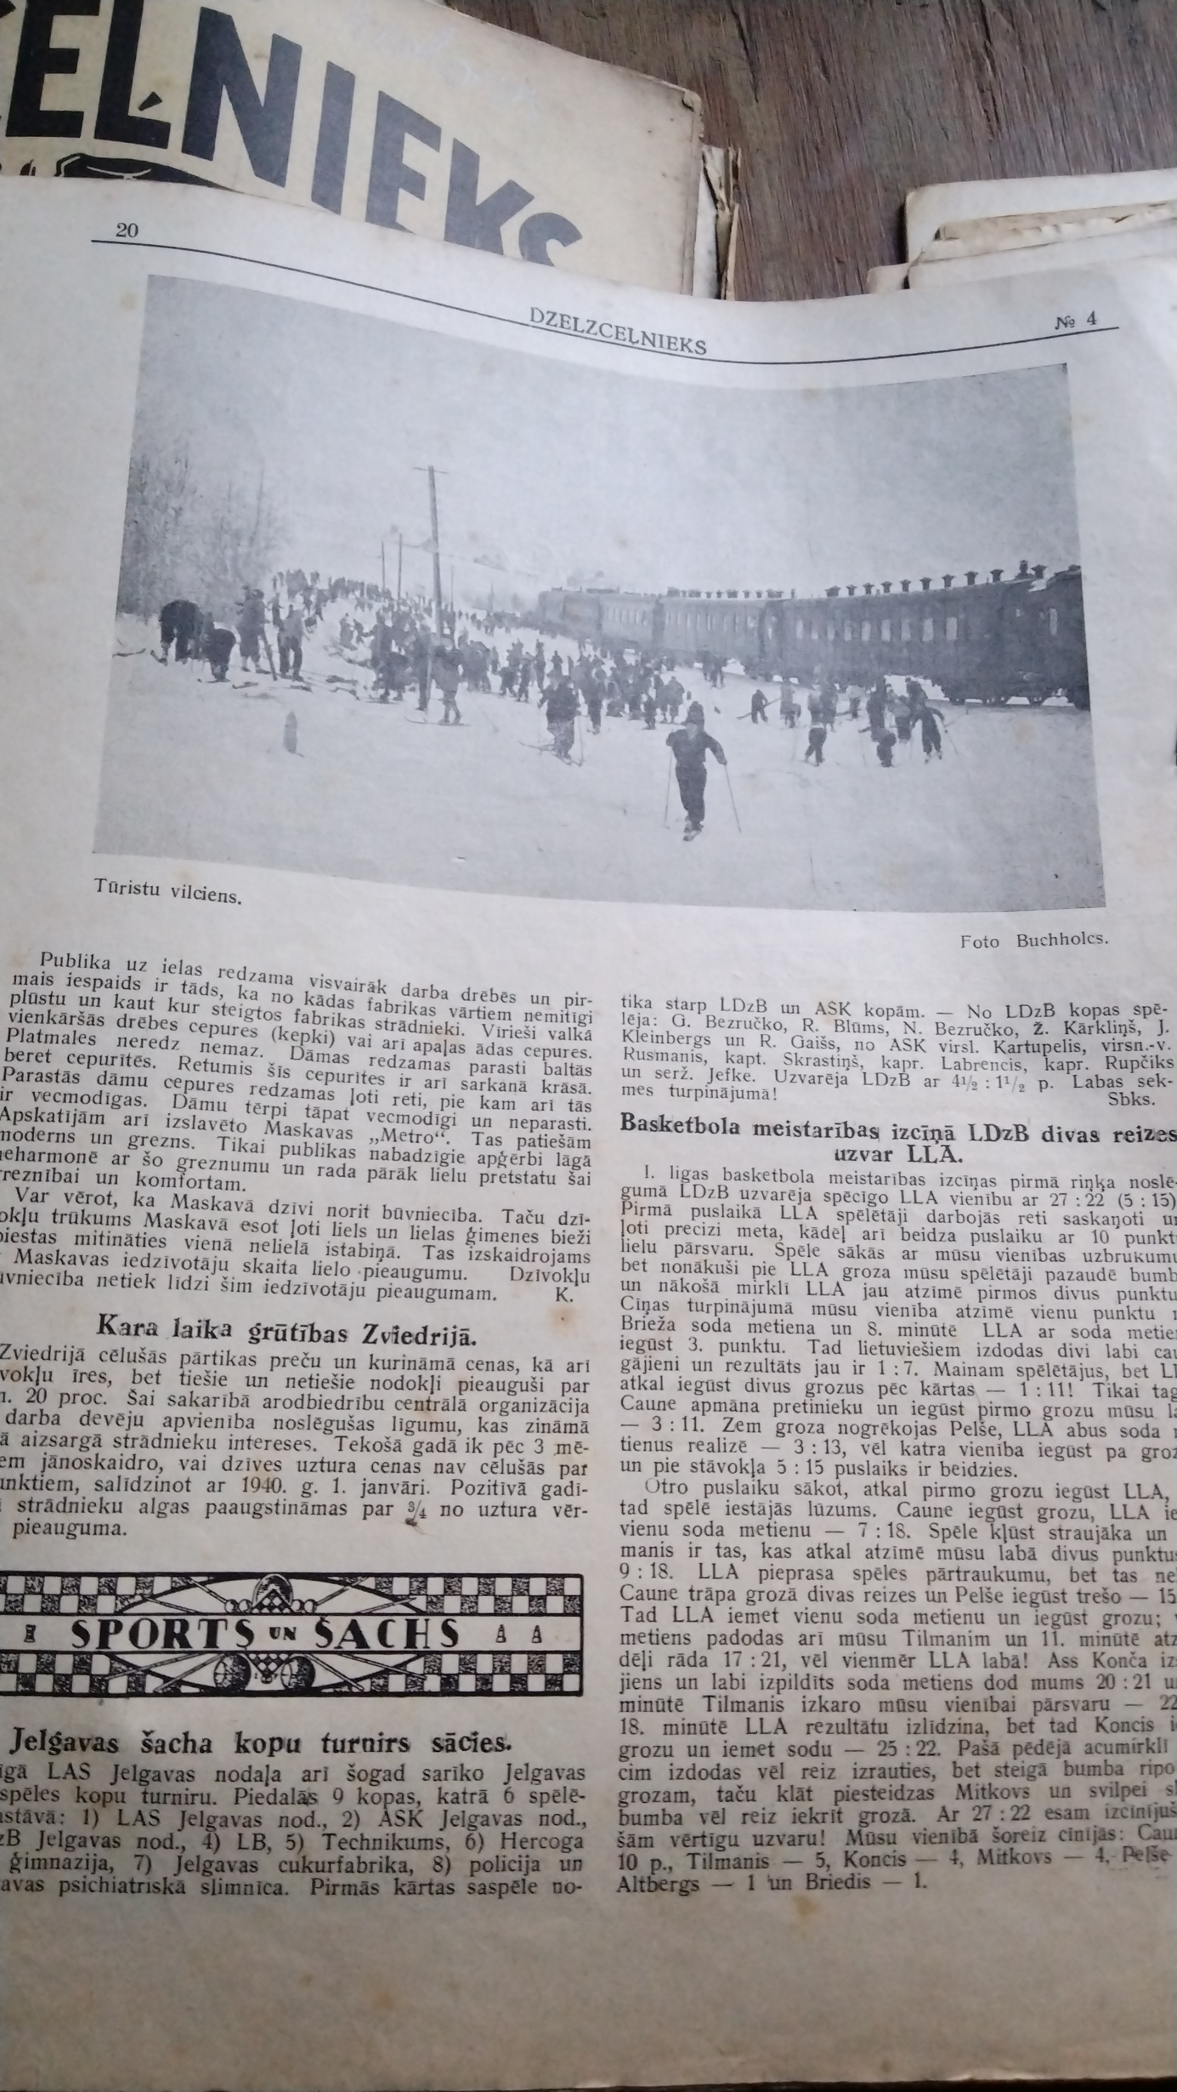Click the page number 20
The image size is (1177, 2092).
(127, 230)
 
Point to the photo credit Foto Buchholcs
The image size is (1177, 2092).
(1033, 940)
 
